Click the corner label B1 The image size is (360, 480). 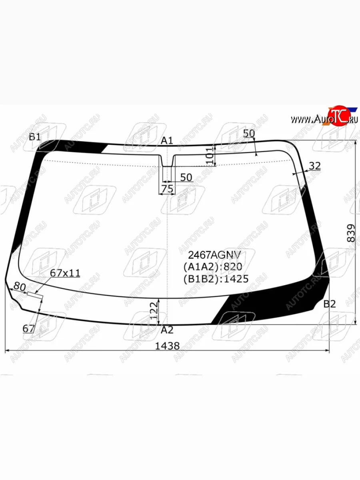[x=35, y=137]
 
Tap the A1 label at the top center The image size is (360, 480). [x=167, y=141]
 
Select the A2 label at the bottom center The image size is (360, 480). [x=167, y=330]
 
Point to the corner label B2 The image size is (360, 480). [x=329, y=304]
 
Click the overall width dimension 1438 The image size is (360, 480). [x=167, y=346]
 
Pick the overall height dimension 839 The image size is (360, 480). [x=351, y=233]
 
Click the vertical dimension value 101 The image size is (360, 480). [x=210, y=156]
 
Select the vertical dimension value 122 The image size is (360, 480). [x=154, y=311]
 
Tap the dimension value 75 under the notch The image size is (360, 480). [x=167, y=189]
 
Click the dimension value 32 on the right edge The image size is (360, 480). [x=315, y=166]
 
